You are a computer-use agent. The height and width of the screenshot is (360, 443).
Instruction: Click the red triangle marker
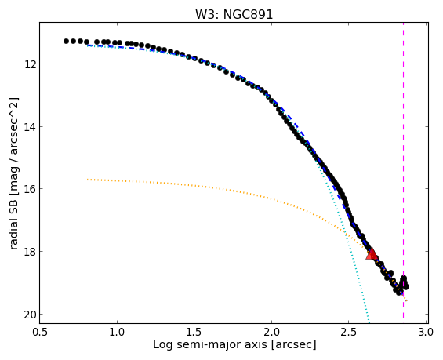pos(372,254)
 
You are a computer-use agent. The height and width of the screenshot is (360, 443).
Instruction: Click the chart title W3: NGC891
pos(234,14)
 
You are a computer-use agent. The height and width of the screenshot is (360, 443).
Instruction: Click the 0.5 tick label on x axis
pos(39,332)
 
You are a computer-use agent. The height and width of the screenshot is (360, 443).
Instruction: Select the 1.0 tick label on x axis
pos(117,332)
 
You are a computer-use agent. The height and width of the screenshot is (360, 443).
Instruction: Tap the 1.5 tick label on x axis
pos(194,332)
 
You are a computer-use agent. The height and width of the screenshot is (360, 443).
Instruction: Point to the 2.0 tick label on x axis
pos(271,332)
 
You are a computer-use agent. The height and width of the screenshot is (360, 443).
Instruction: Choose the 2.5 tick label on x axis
pos(349,332)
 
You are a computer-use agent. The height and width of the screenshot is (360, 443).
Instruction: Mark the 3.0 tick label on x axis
pos(426,332)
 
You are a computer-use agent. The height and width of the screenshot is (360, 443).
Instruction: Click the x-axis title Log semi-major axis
pos(210,345)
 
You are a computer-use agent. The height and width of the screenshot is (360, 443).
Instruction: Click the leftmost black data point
pos(66,42)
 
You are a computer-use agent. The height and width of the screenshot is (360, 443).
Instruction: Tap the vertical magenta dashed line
pos(403,170)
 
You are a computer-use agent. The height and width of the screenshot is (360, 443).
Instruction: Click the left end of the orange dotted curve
pos(88,180)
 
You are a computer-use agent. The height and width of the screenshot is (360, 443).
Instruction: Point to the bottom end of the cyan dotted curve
pos(369,322)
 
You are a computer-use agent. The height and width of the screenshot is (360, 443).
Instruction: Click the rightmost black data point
pos(406,287)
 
